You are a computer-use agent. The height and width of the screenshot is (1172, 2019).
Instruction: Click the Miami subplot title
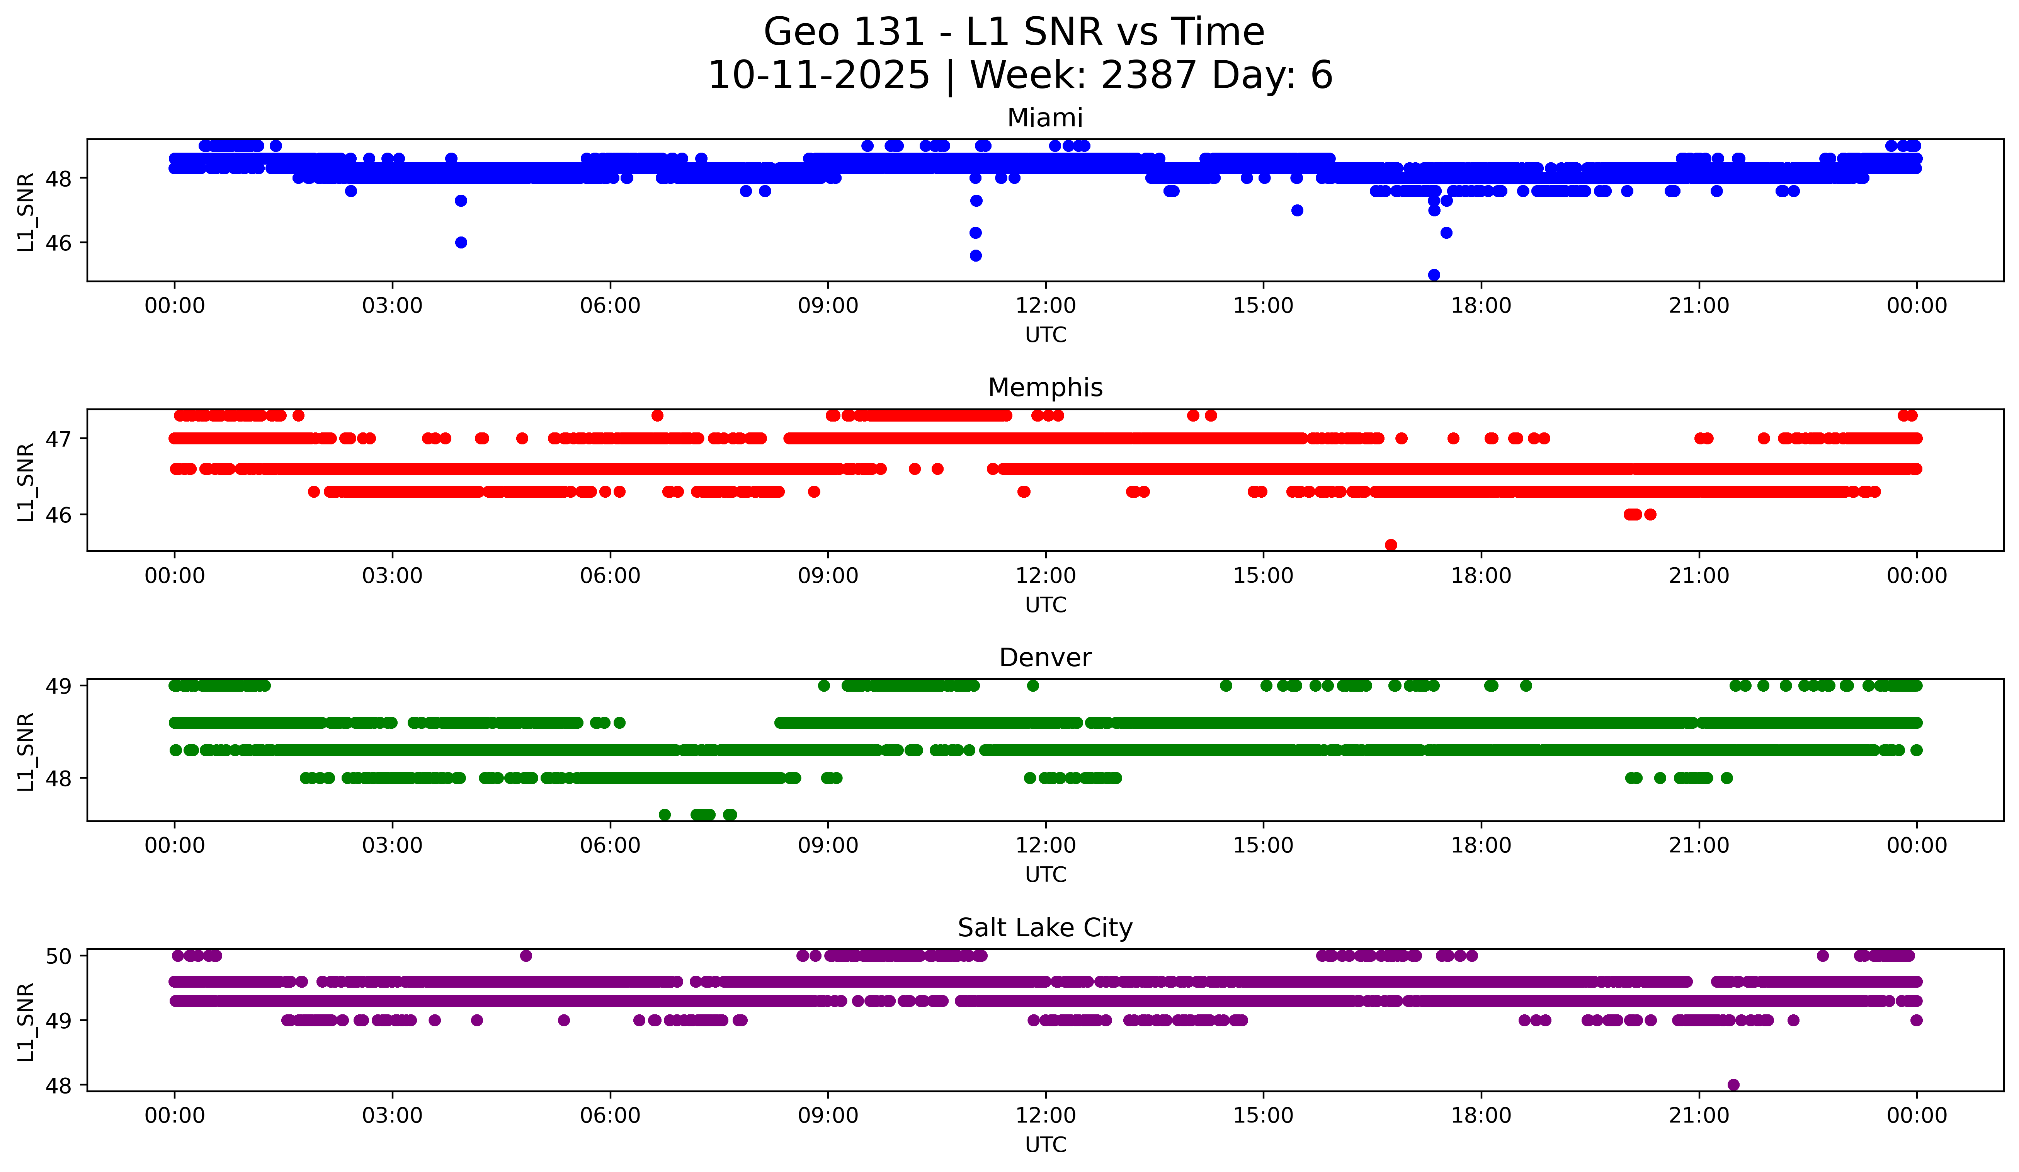1045,118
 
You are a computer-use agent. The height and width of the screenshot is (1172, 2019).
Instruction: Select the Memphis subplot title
1045,388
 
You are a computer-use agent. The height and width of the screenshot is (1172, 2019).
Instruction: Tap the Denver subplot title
1045,658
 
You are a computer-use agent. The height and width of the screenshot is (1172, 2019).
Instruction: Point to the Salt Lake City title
1045,928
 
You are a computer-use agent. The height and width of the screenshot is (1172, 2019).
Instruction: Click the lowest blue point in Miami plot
1434,275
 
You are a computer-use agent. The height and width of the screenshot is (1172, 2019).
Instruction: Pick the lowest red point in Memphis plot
1391,545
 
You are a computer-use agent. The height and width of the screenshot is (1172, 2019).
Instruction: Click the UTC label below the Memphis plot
1046,605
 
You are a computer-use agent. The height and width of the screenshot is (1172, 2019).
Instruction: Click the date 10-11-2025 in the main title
819,75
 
